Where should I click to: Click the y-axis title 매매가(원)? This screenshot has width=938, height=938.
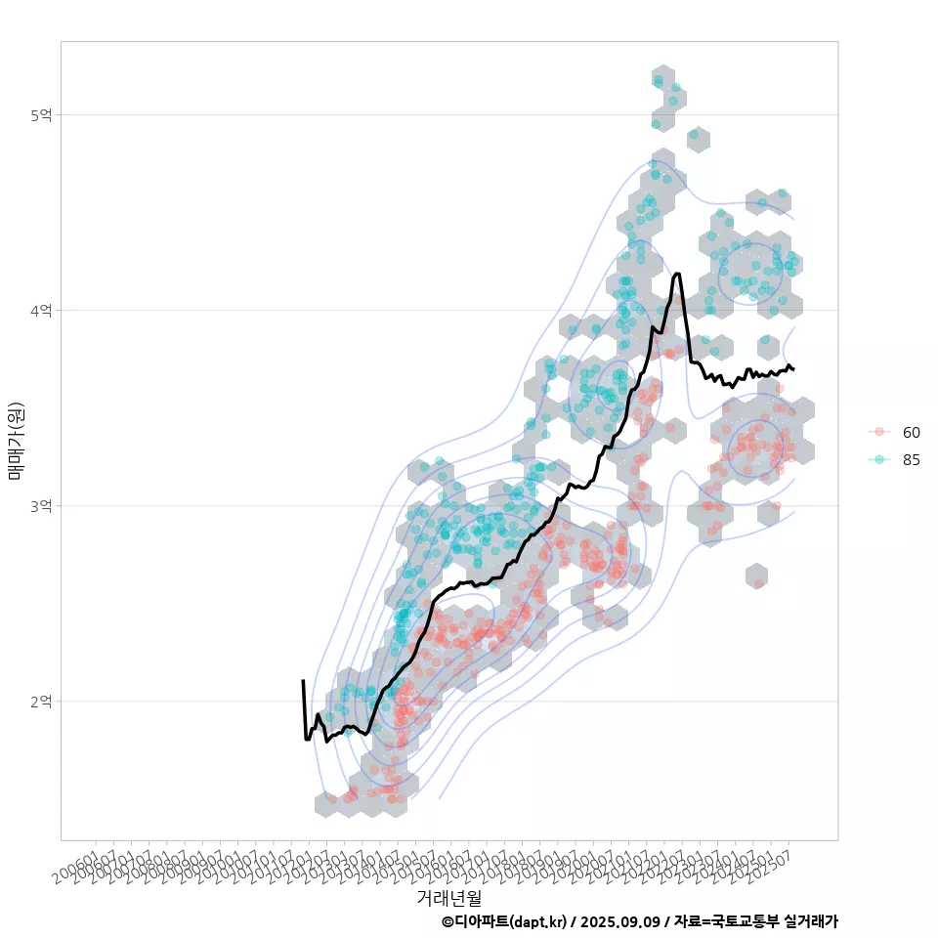16,440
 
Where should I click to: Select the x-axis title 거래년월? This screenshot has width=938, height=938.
448,897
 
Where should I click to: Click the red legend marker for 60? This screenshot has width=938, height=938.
879,432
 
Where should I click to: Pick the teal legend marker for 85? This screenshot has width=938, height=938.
879,459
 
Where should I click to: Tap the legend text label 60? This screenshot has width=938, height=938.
911,432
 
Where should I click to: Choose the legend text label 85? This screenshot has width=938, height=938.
911,459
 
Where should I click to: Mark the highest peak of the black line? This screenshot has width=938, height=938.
677,275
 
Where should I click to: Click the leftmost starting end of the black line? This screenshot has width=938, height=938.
303,681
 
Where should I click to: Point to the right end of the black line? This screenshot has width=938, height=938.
793,369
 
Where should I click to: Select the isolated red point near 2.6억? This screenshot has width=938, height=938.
758,583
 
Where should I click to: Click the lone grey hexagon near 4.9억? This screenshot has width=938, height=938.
698,139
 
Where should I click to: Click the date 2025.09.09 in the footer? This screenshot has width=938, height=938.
626,921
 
